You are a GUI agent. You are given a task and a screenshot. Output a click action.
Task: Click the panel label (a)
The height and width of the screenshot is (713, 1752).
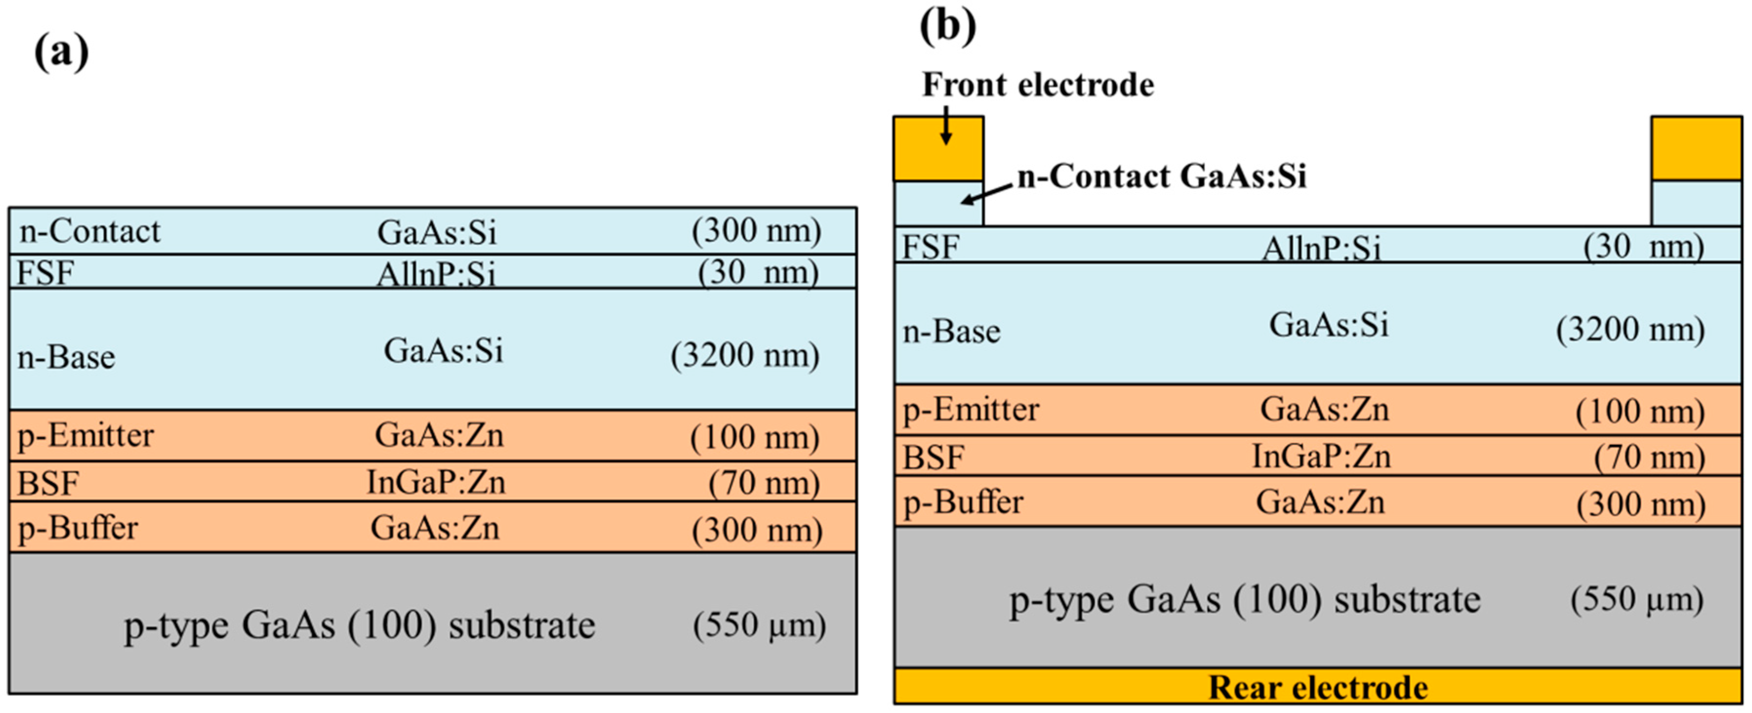pyautogui.click(x=61, y=52)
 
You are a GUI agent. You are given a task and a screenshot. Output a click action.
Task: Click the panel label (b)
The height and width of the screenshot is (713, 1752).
pyautogui.click(x=947, y=26)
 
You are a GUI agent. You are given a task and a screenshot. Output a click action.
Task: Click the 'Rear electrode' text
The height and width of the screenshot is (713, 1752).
pyautogui.click(x=1317, y=688)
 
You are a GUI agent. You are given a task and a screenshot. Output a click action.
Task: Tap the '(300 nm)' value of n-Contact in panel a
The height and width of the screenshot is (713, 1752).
pyautogui.click(x=756, y=231)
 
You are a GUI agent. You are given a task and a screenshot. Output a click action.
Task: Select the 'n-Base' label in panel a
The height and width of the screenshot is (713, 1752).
pyautogui.click(x=66, y=357)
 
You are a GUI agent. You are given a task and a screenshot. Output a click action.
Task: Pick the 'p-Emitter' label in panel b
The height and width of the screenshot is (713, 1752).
pyautogui.click(x=970, y=410)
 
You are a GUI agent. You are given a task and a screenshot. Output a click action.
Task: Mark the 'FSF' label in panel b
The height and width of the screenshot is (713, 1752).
pyautogui.click(x=930, y=247)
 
